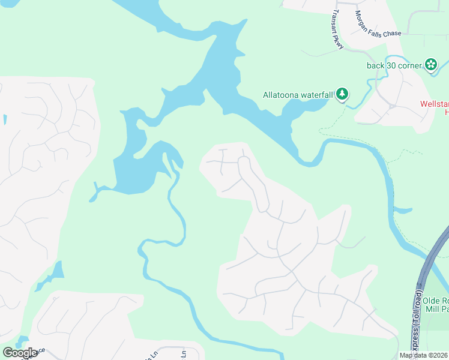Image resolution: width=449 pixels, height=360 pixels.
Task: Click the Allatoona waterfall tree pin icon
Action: click(342, 94)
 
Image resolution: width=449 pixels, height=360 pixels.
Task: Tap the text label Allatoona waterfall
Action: click(298, 95)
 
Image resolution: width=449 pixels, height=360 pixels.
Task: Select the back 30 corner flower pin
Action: click(430, 64)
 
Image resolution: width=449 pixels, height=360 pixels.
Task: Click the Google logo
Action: click(20, 353)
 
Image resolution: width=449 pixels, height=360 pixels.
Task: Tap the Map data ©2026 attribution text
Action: click(423, 355)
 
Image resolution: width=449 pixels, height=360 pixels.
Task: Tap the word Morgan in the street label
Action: click(363, 17)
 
